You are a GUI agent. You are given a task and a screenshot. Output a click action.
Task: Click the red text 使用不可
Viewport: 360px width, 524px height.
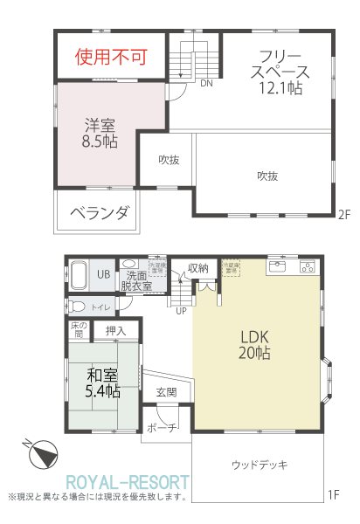[x=110, y=58]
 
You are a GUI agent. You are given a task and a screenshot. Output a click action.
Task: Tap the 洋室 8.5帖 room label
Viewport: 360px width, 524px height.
[x=101, y=132]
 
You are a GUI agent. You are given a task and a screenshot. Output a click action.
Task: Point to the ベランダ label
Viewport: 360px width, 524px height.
[x=99, y=212]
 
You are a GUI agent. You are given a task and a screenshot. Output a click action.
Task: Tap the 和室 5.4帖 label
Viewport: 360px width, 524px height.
[x=103, y=383]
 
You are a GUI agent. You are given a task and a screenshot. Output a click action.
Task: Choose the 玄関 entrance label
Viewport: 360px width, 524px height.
[x=166, y=392]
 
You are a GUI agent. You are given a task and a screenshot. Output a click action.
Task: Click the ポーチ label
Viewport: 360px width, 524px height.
[x=162, y=428]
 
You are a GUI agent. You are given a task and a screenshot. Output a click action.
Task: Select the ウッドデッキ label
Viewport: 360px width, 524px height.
[x=260, y=464]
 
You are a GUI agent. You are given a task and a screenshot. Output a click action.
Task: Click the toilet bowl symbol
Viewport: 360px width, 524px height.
[x=80, y=307]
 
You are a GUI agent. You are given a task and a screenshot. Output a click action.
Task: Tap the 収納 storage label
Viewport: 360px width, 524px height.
[x=197, y=268]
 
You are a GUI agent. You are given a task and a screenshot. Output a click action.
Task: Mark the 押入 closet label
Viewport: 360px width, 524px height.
[x=116, y=331]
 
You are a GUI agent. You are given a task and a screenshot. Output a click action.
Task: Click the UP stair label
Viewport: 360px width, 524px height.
[x=181, y=311]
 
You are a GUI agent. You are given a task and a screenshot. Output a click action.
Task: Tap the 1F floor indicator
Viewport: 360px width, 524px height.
[x=333, y=494]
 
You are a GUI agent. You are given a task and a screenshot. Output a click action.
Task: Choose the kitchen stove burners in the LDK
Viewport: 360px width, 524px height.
[x=307, y=265]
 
